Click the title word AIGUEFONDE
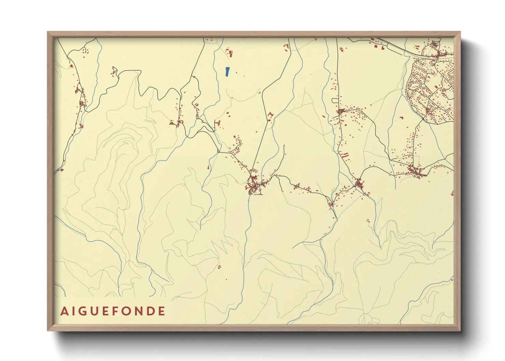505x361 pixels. click(113, 311)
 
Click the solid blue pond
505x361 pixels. click(227, 71)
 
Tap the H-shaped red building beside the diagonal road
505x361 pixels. click(271, 114)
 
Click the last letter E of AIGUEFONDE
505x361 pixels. click(162, 311)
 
